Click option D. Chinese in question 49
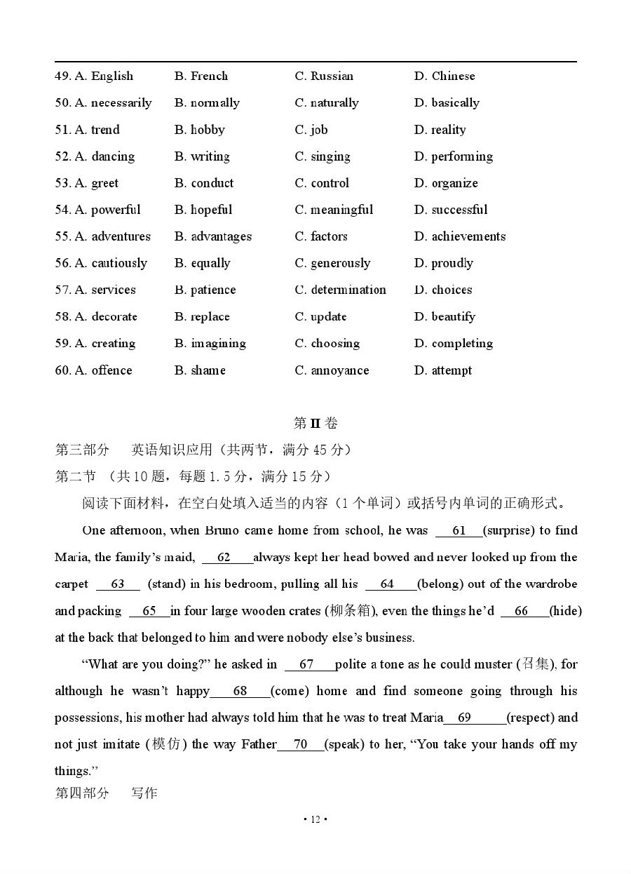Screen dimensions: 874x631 [x=444, y=76]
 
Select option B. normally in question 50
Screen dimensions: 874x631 [x=207, y=103]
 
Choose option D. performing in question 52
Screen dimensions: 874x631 [x=453, y=156]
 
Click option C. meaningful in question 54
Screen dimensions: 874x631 [x=334, y=210]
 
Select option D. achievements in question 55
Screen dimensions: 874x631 [x=459, y=236]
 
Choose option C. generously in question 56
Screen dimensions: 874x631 [x=332, y=263]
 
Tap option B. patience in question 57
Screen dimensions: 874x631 [x=205, y=290]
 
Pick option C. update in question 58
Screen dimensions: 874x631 [x=320, y=316]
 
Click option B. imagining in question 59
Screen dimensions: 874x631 [x=210, y=343]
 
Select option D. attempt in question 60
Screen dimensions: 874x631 [x=442, y=370]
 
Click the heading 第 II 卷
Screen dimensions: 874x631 [x=315, y=423]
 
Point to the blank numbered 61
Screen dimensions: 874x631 [x=459, y=531]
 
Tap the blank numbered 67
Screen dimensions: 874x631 [x=307, y=664]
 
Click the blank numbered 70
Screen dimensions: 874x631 [x=301, y=744]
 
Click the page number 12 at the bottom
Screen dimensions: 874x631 [x=315, y=819]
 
